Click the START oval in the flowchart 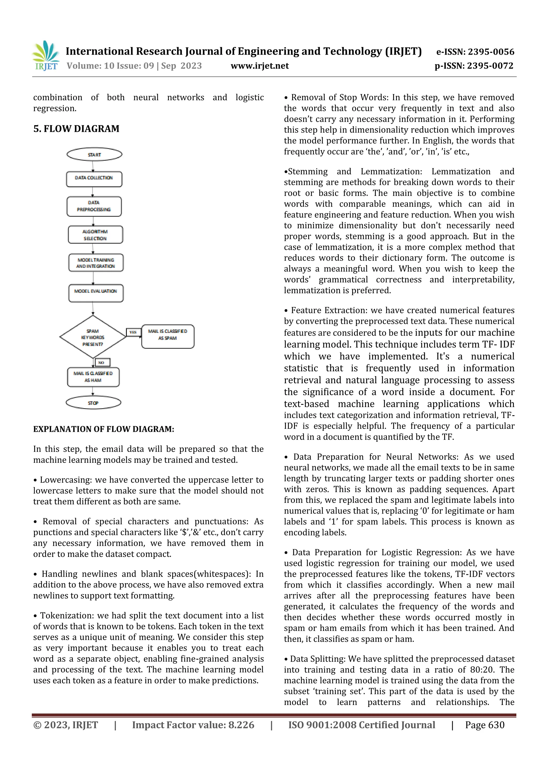[94, 155]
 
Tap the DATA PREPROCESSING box [94, 206]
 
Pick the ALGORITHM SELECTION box [95, 235]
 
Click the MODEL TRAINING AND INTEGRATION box [96, 263]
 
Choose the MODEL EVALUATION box [96, 293]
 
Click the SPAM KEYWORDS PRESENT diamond [93, 337]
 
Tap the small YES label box [133, 332]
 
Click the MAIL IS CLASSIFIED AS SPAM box [168, 336]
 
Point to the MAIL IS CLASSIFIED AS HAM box [93, 377]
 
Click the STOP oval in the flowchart [93, 403]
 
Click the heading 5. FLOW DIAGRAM [76, 129]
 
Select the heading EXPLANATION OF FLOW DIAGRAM [104, 429]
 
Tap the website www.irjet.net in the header [260, 66]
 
